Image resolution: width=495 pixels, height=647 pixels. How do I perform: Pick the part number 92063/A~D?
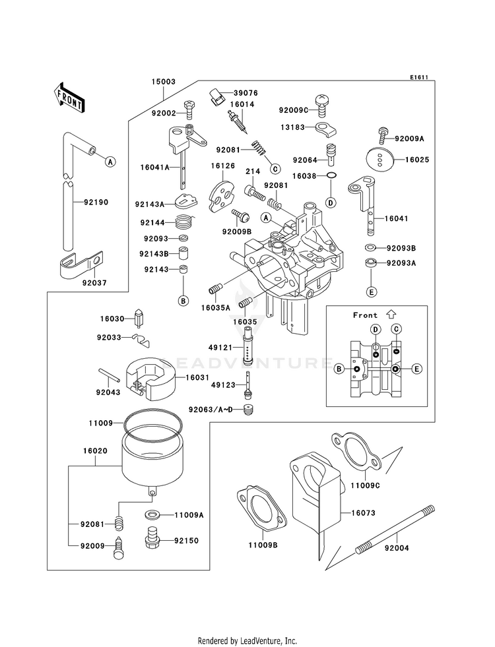(211, 410)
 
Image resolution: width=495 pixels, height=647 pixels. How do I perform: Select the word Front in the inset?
(365, 315)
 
